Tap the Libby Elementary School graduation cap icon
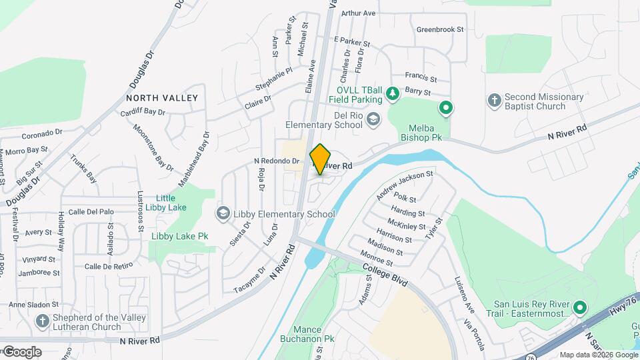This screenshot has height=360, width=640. click(223, 213)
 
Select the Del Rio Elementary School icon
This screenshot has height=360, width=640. click(374, 119)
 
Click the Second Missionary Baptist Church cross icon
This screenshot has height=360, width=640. click(494, 101)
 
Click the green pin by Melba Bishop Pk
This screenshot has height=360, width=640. click(445, 107)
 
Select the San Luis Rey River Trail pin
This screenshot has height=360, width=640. click(579, 308)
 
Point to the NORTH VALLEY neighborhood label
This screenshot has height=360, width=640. click(162, 98)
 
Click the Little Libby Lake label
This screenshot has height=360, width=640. click(171, 203)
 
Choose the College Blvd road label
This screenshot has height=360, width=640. click(385, 274)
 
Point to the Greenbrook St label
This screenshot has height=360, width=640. click(439, 29)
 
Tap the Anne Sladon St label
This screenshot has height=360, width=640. click(34, 305)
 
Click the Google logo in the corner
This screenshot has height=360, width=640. click(21, 351)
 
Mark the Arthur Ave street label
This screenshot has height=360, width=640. click(358, 13)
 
